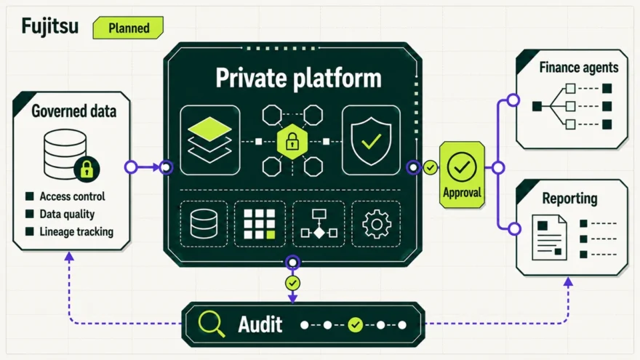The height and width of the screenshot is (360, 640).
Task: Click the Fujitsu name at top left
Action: pos(49,27)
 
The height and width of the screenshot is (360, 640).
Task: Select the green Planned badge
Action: pos(128,28)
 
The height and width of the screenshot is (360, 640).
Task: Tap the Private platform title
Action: pos(298,78)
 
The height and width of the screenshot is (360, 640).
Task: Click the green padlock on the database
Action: pos(87,169)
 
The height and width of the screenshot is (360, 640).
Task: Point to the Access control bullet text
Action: pos(72,196)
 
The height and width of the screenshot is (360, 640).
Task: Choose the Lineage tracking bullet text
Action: pos(76,231)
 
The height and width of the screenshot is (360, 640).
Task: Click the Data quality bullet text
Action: pos(67,214)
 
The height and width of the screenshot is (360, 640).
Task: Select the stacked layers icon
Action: pos(209,140)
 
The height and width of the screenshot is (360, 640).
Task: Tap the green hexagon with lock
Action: pos(292,142)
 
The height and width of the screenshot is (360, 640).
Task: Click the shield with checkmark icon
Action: pos(371,141)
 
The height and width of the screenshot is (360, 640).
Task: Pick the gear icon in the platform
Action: pos(376,224)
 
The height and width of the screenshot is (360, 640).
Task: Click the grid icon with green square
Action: pos(260,224)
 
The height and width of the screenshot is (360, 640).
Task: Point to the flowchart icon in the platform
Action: pos(319,224)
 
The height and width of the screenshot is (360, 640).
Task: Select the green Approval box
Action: pos(462,175)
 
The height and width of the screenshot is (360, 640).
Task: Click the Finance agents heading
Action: pos(579,68)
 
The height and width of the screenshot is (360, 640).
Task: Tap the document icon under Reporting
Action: pos(549,238)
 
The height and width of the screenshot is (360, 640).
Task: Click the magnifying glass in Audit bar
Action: pos(211,324)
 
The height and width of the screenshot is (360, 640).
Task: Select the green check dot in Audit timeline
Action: pos(355,325)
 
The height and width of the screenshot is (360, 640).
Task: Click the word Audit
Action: pos(260,325)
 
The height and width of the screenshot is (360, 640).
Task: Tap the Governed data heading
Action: pos(74,111)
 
